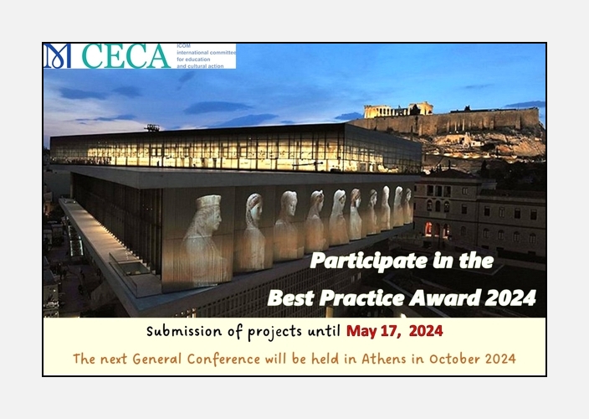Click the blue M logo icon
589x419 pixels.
[58, 56]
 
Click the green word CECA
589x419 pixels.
[126, 56]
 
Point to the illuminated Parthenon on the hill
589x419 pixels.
[398, 110]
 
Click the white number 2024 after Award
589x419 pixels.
[510, 297]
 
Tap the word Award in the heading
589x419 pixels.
[444, 297]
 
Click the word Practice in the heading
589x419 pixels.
[361, 297]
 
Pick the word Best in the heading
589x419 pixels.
[291, 297]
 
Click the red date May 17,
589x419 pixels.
[374, 331]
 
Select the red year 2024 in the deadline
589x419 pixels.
[426, 331]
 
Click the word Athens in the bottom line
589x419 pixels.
[384, 359]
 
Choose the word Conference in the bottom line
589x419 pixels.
[223, 359]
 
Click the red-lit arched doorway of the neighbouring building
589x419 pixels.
[428, 230]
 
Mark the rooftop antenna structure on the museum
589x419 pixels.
[151, 128]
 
